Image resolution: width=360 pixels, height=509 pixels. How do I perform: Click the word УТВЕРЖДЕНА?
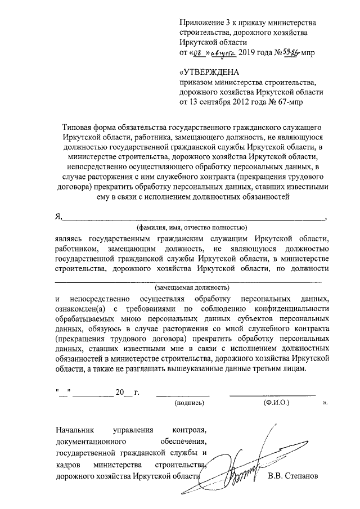click(209, 72)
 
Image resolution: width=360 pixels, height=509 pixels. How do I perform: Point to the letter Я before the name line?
click(57, 218)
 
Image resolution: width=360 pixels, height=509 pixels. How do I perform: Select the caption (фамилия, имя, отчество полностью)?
click(191, 228)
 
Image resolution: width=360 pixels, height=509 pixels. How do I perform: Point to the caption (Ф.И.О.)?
click(276, 403)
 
